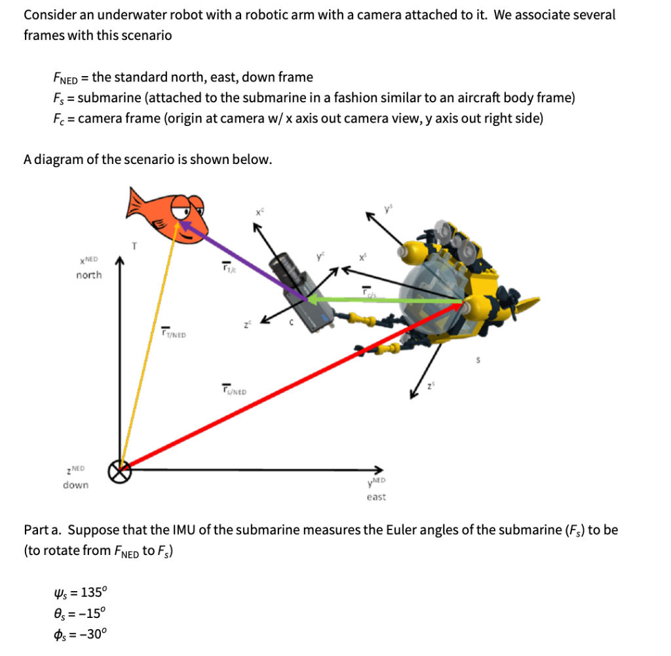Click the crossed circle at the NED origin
pyautogui.click(x=119, y=470)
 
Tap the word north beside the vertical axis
pyautogui.click(x=88, y=275)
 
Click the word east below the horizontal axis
pyautogui.click(x=376, y=497)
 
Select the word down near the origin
pyautogui.click(x=75, y=485)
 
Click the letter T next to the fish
pyautogui.click(x=135, y=246)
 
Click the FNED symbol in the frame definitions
pyautogui.click(x=66, y=78)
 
